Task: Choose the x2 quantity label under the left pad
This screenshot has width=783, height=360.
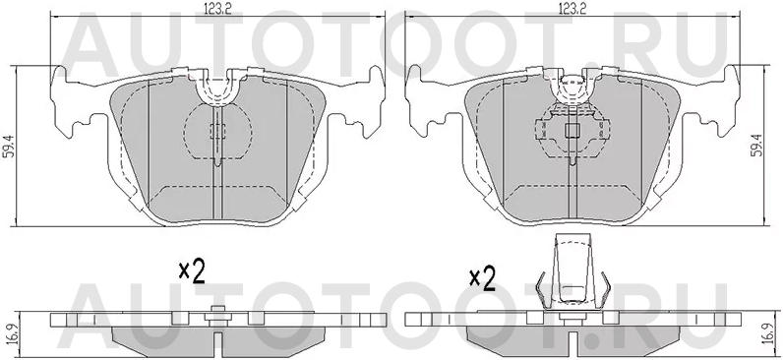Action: click(x=190, y=272)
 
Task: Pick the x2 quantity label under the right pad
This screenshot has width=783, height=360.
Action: click(x=482, y=277)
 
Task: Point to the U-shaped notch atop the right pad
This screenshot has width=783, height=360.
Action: click(x=572, y=88)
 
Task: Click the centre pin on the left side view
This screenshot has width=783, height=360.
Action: click(x=215, y=316)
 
